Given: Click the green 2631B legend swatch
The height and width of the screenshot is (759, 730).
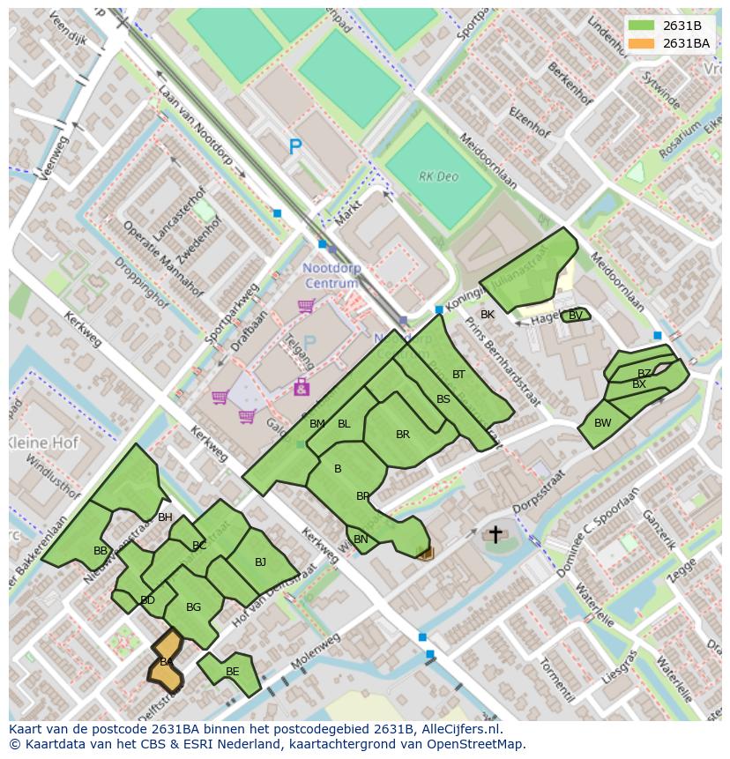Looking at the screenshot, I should (x=643, y=26).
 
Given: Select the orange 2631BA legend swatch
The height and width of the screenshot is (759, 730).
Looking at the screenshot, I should (x=643, y=43).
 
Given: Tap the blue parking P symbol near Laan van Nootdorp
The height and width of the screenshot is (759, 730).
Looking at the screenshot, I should (x=295, y=148).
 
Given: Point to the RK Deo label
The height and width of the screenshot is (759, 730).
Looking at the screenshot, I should (x=438, y=176).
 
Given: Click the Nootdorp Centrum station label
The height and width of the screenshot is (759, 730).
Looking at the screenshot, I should (x=331, y=275).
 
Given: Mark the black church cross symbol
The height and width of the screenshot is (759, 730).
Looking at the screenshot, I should (x=495, y=534).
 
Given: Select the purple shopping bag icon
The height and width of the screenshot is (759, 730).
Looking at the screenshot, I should (x=302, y=386).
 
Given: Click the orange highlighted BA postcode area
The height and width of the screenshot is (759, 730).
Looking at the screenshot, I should (x=165, y=662).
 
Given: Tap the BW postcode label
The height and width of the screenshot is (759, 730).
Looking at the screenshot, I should (x=602, y=423).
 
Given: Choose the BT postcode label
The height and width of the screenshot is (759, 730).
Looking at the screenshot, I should (x=458, y=375).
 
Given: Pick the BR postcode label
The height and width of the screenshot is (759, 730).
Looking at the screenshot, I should (x=403, y=435).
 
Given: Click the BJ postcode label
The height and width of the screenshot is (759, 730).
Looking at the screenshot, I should (x=260, y=562).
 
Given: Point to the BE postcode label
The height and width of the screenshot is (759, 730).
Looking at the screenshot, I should (x=232, y=672).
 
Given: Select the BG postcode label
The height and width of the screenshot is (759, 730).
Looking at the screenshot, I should (x=194, y=606).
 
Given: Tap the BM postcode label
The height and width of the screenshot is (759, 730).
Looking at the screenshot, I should (x=317, y=424).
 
